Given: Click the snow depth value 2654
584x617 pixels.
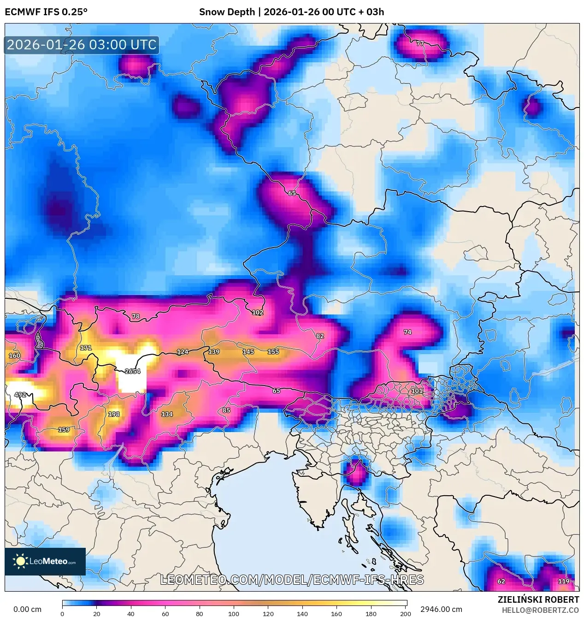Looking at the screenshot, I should [132, 371].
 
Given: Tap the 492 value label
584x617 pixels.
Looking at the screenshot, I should [20, 395].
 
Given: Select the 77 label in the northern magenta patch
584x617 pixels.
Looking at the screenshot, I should [420, 43].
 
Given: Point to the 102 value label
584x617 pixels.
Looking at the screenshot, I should [258, 313].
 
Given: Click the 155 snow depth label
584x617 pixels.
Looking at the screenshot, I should [273, 352].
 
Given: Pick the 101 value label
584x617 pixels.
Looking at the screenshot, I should [417, 391].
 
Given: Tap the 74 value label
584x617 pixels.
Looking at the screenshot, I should [407, 332].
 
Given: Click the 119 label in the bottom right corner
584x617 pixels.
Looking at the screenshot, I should [564, 581].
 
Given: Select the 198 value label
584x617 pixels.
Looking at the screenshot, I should [114, 414].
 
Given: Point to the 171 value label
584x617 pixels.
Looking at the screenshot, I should [86, 348].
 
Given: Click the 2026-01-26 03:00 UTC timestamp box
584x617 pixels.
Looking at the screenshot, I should [82, 45].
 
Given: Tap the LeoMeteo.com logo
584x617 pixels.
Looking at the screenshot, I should [45, 561].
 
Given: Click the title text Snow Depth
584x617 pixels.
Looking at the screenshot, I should [227, 12].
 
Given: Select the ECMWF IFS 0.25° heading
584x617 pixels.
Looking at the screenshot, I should [46, 12].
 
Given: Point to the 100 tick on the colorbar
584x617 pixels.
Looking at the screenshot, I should [234, 613].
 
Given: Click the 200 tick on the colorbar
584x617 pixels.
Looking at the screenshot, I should [406, 613].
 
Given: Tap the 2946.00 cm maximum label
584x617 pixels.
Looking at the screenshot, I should [441, 609].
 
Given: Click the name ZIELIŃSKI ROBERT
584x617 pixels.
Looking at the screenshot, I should [538, 599].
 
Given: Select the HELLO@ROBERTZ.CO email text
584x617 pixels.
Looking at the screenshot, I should [540, 610].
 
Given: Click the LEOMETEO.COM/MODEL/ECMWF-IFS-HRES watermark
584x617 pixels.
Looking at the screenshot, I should [292, 580].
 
